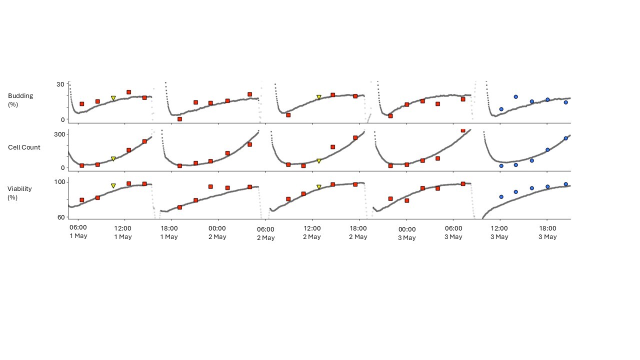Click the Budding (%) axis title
pyautogui.click(x=20, y=100)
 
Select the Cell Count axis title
pyautogui.click(x=24, y=147)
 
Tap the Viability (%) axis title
pyautogui.click(x=19, y=193)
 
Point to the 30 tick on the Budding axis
pyautogui.click(x=60, y=84)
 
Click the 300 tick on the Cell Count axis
pyautogui.click(x=59, y=134)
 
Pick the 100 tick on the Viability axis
pyautogui.click(x=59, y=182)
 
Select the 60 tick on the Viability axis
pyautogui.click(x=61, y=217)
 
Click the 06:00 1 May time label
pyautogui.click(x=78, y=231)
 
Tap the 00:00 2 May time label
pyautogui.click(x=217, y=232)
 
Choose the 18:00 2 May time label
pyautogui.click(x=358, y=232)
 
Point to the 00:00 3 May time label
pyautogui.click(x=407, y=233)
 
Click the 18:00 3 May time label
pyautogui.click(x=547, y=232)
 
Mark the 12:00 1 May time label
pyautogui.click(x=123, y=232)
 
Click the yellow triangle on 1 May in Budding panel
pyautogui.click(x=113, y=98)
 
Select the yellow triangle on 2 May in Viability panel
pyautogui.click(x=319, y=187)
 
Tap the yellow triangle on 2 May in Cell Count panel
pyautogui.click(x=319, y=161)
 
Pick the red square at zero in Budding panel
pyautogui.click(x=179, y=119)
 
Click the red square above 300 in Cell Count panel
pyautogui.click(x=463, y=130)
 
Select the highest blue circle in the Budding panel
pyautogui.click(x=515, y=97)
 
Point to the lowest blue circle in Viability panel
pyautogui.click(x=501, y=197)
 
